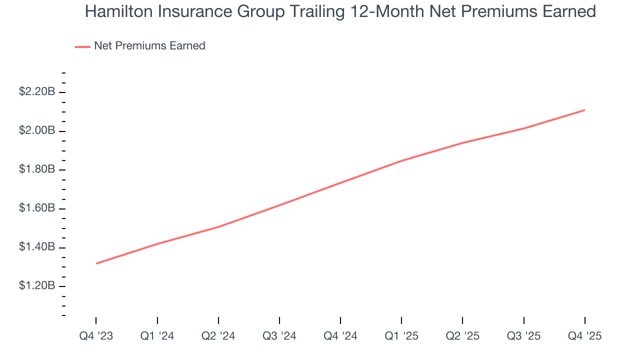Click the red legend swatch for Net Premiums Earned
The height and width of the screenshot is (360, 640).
click(x=82, y=46)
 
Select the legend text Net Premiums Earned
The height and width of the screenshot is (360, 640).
click(x=149, y=46)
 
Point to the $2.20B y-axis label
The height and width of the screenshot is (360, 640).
click(x=37, y=92)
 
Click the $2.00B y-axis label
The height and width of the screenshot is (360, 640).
click(x=37, y=131)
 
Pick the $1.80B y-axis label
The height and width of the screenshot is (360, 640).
click(x=37, y=169)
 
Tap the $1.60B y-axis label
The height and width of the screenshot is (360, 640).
click(x=37, y=208)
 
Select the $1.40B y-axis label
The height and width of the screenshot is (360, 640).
click(x=37, y=247)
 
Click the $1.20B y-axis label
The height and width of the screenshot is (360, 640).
click(x=37, y=285)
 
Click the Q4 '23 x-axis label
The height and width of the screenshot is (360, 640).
click(x=96, y=336)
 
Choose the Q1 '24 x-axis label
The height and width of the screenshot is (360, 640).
click(x=157, y=336)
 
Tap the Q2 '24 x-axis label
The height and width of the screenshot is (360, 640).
click(x=218, y=336)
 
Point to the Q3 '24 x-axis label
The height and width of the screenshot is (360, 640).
click(x=279, y=336)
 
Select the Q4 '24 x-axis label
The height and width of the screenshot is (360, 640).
click(x=340, y=336)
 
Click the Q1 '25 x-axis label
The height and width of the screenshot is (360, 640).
click(x=401, y=336)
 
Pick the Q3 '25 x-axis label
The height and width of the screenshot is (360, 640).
click(x=523, y=336)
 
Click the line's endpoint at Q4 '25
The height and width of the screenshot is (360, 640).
click(x=584, y=110)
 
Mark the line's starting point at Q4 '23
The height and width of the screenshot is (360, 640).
click(x=96, y=263)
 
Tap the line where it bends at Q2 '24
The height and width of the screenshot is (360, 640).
click(x=218, y=227)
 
